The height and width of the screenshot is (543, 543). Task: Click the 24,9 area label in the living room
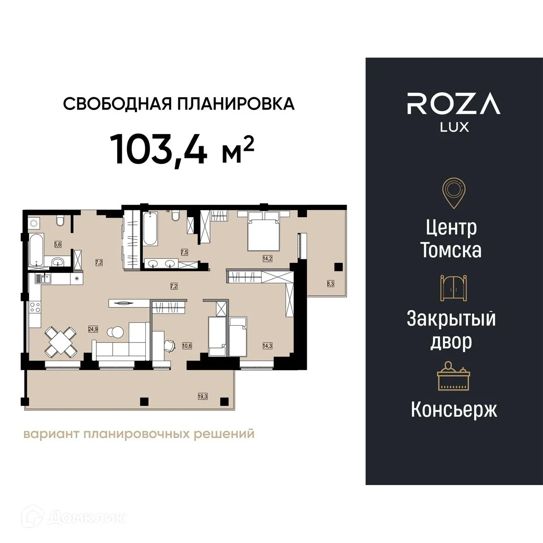pos(93,329)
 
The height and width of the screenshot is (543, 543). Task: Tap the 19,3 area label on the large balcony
pos(202,396)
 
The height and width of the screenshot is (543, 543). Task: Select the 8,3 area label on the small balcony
pos(331,284)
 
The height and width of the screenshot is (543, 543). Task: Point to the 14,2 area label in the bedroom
pos(267,259)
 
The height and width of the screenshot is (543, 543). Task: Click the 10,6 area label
pos(187,346)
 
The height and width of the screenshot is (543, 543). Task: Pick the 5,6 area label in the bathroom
pos(58,245)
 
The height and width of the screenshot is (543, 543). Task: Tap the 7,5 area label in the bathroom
pos(184,252)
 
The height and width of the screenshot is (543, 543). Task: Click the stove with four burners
pos(35,310)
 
